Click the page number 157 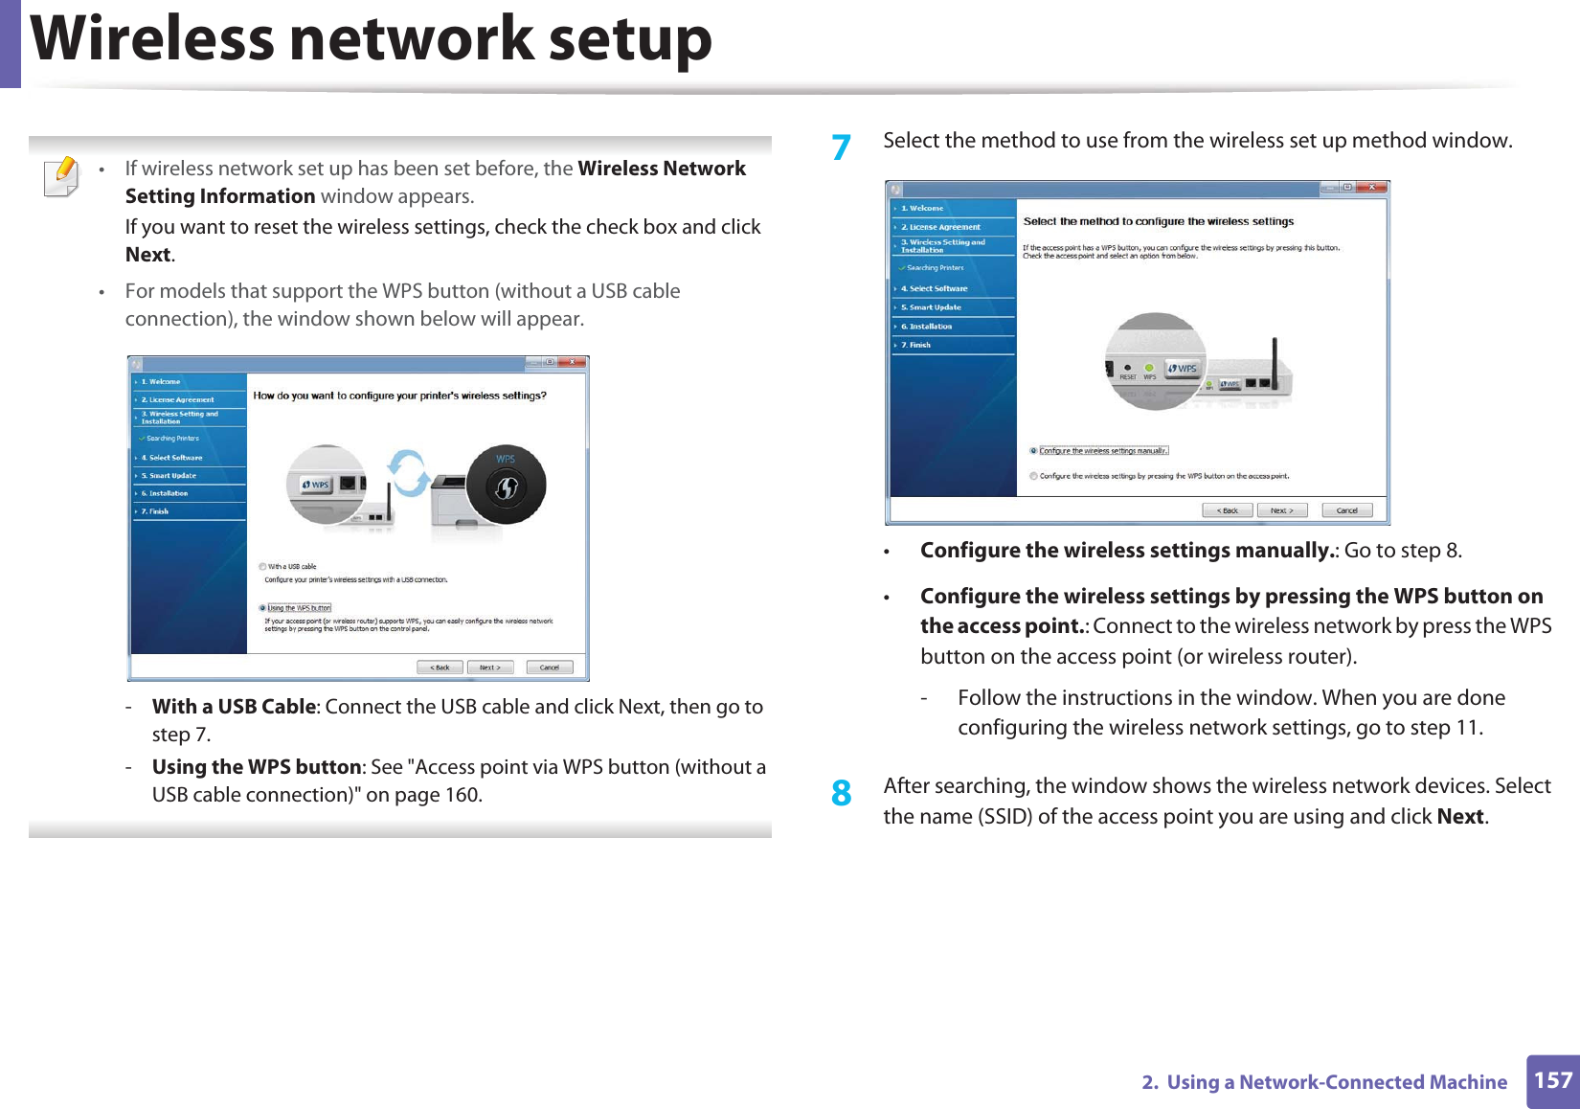(x=1552, y=1080)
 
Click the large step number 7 (x=841, y=147)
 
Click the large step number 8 (x=841, y=793)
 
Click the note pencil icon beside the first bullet (x=61, y=176)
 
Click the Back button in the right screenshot (x=1227, y=510)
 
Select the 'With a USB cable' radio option (x=262, y=566)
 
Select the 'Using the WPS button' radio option (x=262, y=608)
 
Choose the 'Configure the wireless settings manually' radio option (x=1033, y=450)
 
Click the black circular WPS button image (x=506, y=485)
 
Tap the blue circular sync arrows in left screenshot (x=408, y=473)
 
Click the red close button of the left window (x=573, y=362)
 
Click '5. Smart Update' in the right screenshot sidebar (x=935, y=307)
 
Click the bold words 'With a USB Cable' (x=234, y=707)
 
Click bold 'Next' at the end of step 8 (x=1460, y=817)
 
